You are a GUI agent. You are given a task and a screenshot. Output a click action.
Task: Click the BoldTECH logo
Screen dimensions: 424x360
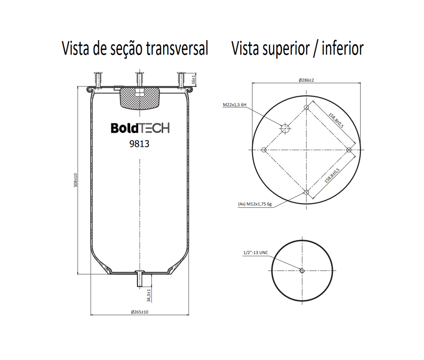(x=140, y=128)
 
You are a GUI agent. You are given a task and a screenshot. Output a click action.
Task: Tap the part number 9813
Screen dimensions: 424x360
(x=139, y=144)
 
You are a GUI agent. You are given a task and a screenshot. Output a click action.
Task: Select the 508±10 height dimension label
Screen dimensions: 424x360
(x=76, y=180)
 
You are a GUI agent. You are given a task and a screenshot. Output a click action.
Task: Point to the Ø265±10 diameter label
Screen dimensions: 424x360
(x=139, y=312)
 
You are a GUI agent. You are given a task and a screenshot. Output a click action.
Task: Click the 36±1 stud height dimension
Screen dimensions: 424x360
(x=194, y=80)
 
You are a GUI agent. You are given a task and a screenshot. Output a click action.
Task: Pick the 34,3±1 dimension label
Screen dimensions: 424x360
(x=149, y=295)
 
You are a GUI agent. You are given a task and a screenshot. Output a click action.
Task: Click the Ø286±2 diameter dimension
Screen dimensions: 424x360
(x=307, y=80)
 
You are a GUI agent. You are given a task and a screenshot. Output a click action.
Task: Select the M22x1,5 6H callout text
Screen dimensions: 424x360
(x=234, y=105)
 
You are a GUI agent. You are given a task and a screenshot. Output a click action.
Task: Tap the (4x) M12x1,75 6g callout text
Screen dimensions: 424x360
(x=255, y=204)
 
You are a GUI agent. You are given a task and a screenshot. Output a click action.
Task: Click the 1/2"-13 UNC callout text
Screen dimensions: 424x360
(x=256, y=252)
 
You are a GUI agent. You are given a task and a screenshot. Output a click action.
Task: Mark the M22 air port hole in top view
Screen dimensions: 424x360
(x=285, y=129)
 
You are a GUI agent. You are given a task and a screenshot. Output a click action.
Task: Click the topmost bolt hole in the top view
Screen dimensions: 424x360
(x=307, y=108)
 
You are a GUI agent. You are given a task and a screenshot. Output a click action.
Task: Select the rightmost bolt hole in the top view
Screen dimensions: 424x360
(x=349, y=150)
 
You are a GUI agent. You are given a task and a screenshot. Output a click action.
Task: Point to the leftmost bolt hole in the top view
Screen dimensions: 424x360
(x=264, y=150)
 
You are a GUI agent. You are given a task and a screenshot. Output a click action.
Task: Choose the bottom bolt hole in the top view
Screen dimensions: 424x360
(x=307, y=192)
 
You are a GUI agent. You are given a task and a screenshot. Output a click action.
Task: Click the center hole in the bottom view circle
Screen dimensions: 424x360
(x=302, y=271)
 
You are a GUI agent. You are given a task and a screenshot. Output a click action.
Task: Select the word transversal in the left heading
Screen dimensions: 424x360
(x=177, y=48)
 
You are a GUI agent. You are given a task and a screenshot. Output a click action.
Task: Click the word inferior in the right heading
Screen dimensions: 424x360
(x=343, y=48)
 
